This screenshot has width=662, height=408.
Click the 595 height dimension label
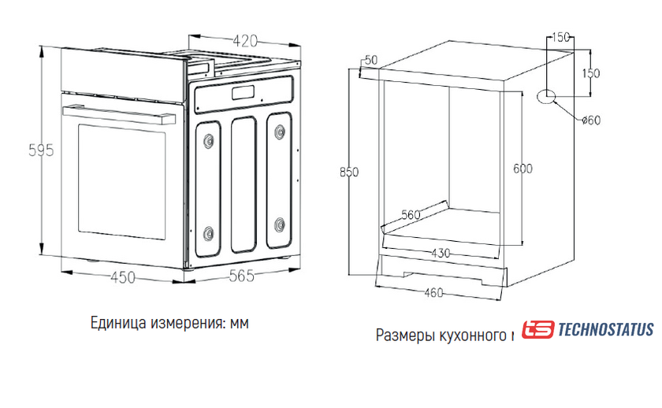tap(41, 150)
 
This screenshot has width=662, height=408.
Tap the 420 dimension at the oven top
tap(245, 41)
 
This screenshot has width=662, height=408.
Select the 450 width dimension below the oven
tap(123, 277)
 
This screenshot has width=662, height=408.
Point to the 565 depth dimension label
tap(242, 276)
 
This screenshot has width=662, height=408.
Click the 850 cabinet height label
tap(349, 172)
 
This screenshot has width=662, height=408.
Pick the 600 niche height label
tap(523, 169)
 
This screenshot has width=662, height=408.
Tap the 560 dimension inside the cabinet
tap(411, 215)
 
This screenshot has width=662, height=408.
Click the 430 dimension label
tap(441, 253)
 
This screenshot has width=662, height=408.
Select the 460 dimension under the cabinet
tap(433, 292)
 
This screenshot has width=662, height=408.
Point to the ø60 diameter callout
tap(591, 121)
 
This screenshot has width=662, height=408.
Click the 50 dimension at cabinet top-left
tap(371, 61)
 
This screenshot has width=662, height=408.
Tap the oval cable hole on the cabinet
tap(546, 97)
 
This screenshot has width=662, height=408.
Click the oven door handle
tap(119, 114)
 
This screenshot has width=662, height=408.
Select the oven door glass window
tap(121, 181)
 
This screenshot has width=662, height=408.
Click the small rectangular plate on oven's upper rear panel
tap(244, 92)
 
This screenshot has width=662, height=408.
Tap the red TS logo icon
tap(537, 329)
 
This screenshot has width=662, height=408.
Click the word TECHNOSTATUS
tap(606, 329)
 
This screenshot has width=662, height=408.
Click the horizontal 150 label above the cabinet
tap(560, 37)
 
